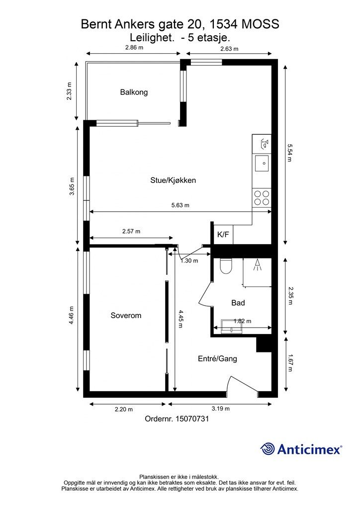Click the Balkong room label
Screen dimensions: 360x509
(x=134, y=92)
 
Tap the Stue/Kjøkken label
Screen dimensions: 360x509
(x=173, y=180)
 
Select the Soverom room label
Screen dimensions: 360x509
(x=126, y=315)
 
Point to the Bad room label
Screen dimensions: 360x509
(x=238, y=303)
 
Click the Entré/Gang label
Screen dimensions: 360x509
(x=217, y=359)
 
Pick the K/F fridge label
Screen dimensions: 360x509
(x=223, y=235)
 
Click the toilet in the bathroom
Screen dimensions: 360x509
(x=225, y=266)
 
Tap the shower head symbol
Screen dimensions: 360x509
(x=258, y=264)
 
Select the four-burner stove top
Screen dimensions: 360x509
(x=262, y=198)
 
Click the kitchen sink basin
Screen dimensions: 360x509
(x=262, y=163)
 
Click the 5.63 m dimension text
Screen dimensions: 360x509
(x=180, y=205)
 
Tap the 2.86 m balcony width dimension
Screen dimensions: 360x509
(x=134, y=47)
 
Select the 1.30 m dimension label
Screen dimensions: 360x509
(x=189, y=260)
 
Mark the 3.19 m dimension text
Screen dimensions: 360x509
(x=221, y=409)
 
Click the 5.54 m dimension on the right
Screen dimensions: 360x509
(x=290, y=153)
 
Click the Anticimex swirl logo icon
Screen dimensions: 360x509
(x=267, y=449)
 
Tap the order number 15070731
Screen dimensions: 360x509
(x=192, y=419)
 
